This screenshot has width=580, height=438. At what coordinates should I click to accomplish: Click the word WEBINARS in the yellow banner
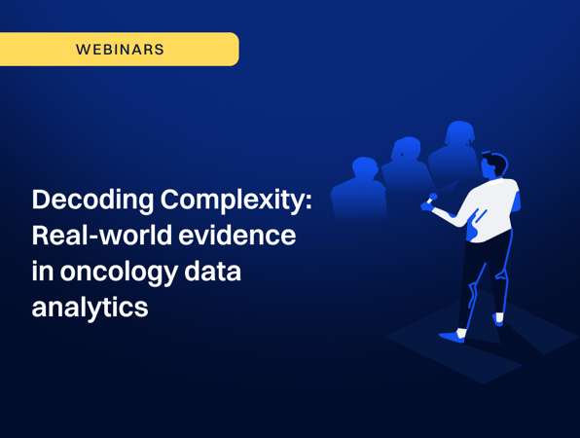click(120, 50)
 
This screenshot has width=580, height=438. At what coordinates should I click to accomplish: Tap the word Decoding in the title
click(92, 201)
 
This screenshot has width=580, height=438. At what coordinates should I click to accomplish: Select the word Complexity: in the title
click(236, 201)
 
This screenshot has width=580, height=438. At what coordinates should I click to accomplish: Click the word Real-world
click(102, 236)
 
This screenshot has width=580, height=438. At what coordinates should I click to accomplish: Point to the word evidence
click(237, 236)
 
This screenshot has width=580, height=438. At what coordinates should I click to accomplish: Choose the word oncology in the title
click(119, 273)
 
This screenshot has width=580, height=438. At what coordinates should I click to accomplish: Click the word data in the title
click(213, 272)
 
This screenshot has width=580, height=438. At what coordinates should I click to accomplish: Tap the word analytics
click(90, 307)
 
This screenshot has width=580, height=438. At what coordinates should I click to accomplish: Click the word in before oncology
click(43, 272)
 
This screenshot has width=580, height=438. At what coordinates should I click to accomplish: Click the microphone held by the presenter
click(431, 199)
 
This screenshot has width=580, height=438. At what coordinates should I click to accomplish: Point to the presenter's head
click(493, 166)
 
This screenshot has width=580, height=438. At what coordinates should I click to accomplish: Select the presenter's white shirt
click(489, 209)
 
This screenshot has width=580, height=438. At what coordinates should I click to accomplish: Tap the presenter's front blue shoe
click(452, 337)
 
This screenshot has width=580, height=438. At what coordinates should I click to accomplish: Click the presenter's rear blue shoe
click(498, 319)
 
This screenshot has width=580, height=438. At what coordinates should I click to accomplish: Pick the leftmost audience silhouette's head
click(365, 167)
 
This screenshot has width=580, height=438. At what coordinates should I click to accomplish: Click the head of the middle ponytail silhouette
click(406, 149)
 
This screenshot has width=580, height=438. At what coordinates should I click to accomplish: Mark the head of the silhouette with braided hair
click(459, 133)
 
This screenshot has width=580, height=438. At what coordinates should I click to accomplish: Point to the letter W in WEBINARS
click(83, 50)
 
